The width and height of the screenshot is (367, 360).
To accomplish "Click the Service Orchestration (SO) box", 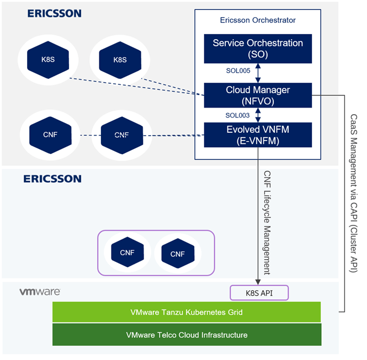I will coord(258,49).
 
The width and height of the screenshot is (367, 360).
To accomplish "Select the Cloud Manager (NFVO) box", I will coord(258,95).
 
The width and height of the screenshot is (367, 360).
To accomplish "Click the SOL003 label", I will coord(238,115).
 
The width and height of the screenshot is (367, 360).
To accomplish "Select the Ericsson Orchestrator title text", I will coord(258,20).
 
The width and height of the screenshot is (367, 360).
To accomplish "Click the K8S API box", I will coord(259,292).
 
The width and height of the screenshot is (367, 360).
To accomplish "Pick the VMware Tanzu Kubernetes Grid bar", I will coord(186,312).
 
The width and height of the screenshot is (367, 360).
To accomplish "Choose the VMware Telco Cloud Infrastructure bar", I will coord(186,335).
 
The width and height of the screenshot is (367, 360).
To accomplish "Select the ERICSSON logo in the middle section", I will coord(52,179).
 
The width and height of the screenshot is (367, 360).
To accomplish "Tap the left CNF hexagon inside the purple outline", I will coord(127,252).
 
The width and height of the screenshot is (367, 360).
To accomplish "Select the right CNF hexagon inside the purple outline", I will coord(177,254).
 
